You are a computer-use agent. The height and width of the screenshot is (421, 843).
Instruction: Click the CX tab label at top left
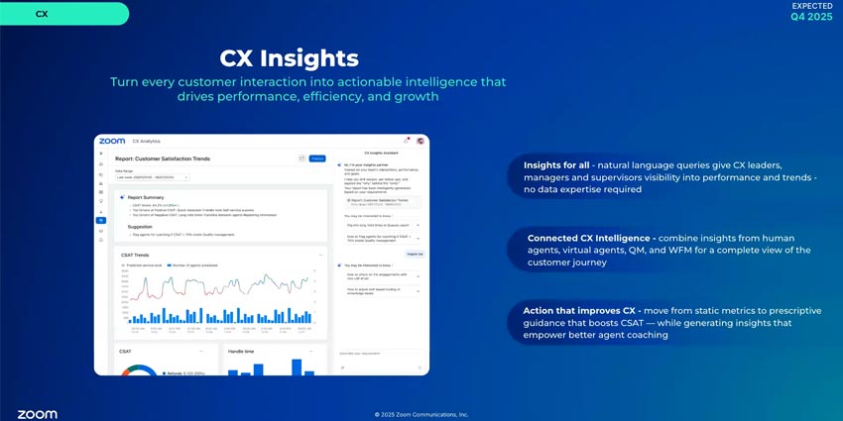tap(41, 14)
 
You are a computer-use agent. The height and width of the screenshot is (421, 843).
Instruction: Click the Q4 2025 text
tap(811, 18)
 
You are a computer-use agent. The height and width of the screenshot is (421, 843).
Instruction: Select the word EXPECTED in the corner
tap(812, 6)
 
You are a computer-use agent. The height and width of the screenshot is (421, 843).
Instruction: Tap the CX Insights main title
tap(289, 56)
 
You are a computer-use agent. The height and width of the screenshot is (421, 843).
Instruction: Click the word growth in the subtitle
tap(416, 97)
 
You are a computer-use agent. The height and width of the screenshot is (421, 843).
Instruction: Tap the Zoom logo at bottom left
tap(37, 413)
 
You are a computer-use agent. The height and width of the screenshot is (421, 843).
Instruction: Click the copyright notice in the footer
tap(421, 414)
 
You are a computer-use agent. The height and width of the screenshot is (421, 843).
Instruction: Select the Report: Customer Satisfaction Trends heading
tap(163, 158)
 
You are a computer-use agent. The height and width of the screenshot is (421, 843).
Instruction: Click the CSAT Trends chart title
tap(135, 255)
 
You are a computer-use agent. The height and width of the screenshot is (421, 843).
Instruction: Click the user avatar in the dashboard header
tap(420, 141)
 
